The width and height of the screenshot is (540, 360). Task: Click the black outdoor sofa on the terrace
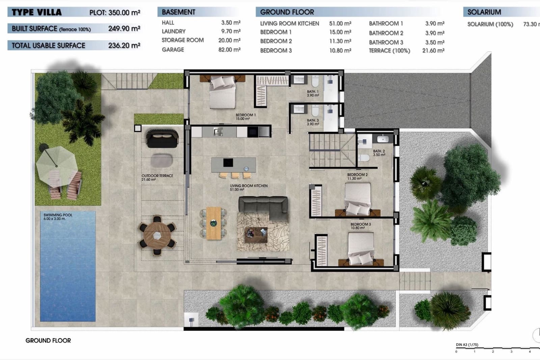162,138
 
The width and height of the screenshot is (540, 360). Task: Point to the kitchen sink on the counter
218,132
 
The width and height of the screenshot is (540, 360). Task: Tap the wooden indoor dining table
213,223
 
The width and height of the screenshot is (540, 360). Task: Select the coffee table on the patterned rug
256,235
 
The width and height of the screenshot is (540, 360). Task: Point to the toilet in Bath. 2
364,157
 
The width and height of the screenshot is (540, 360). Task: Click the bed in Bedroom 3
361,248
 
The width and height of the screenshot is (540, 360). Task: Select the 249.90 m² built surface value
124,29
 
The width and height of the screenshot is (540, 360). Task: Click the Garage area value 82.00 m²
229,50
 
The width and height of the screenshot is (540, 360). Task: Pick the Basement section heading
178,12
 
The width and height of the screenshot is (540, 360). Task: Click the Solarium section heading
484,12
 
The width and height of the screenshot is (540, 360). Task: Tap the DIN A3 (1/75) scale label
467,345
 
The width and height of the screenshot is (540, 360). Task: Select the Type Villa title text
36,12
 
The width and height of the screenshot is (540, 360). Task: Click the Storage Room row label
183,40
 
